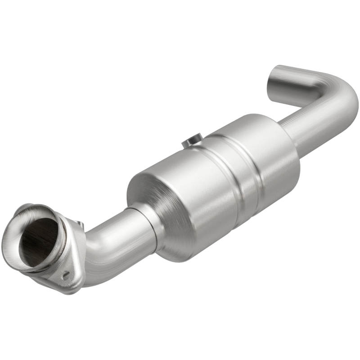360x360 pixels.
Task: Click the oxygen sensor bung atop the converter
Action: [x=192, y=142]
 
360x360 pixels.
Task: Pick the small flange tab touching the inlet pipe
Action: [x=80, y=225]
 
